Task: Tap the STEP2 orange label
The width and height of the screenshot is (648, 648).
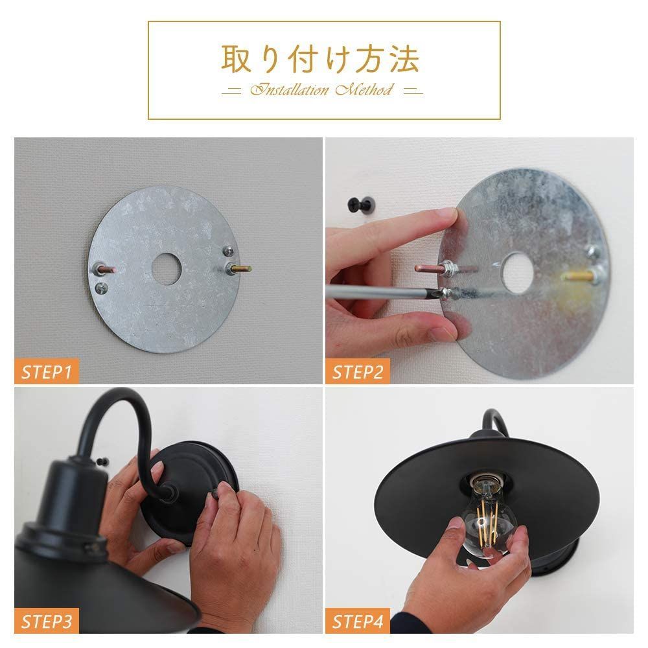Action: coord(356,373)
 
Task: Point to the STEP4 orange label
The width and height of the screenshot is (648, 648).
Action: coord(356,622)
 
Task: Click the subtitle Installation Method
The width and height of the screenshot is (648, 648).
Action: coord(321,90)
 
